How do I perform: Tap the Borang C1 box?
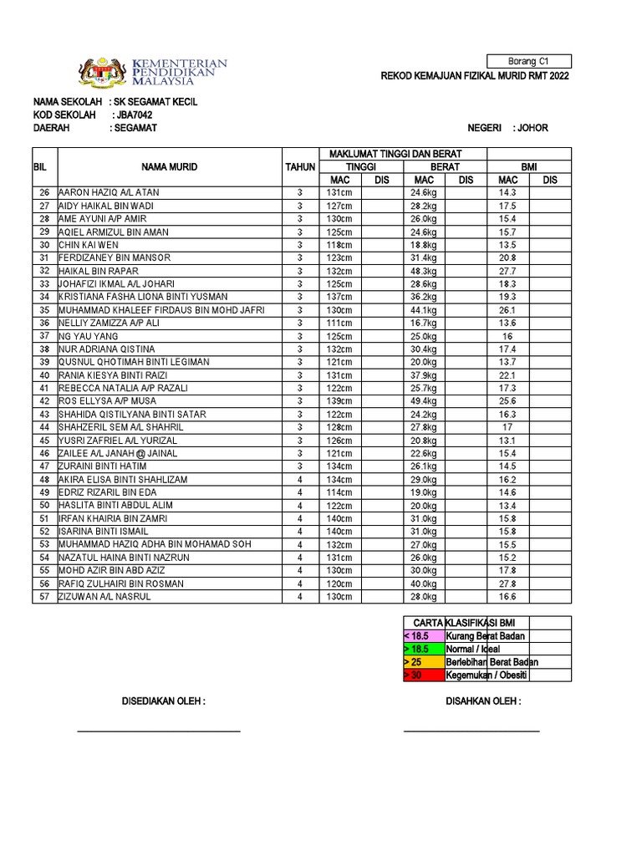point(540,61)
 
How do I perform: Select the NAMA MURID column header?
point(169,166)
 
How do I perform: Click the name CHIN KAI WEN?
point(88,245)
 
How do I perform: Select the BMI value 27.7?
point(507,271)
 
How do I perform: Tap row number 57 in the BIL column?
point(44,597)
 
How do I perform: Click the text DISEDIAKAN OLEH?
point(164,701)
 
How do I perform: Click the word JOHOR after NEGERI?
point(533,128)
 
